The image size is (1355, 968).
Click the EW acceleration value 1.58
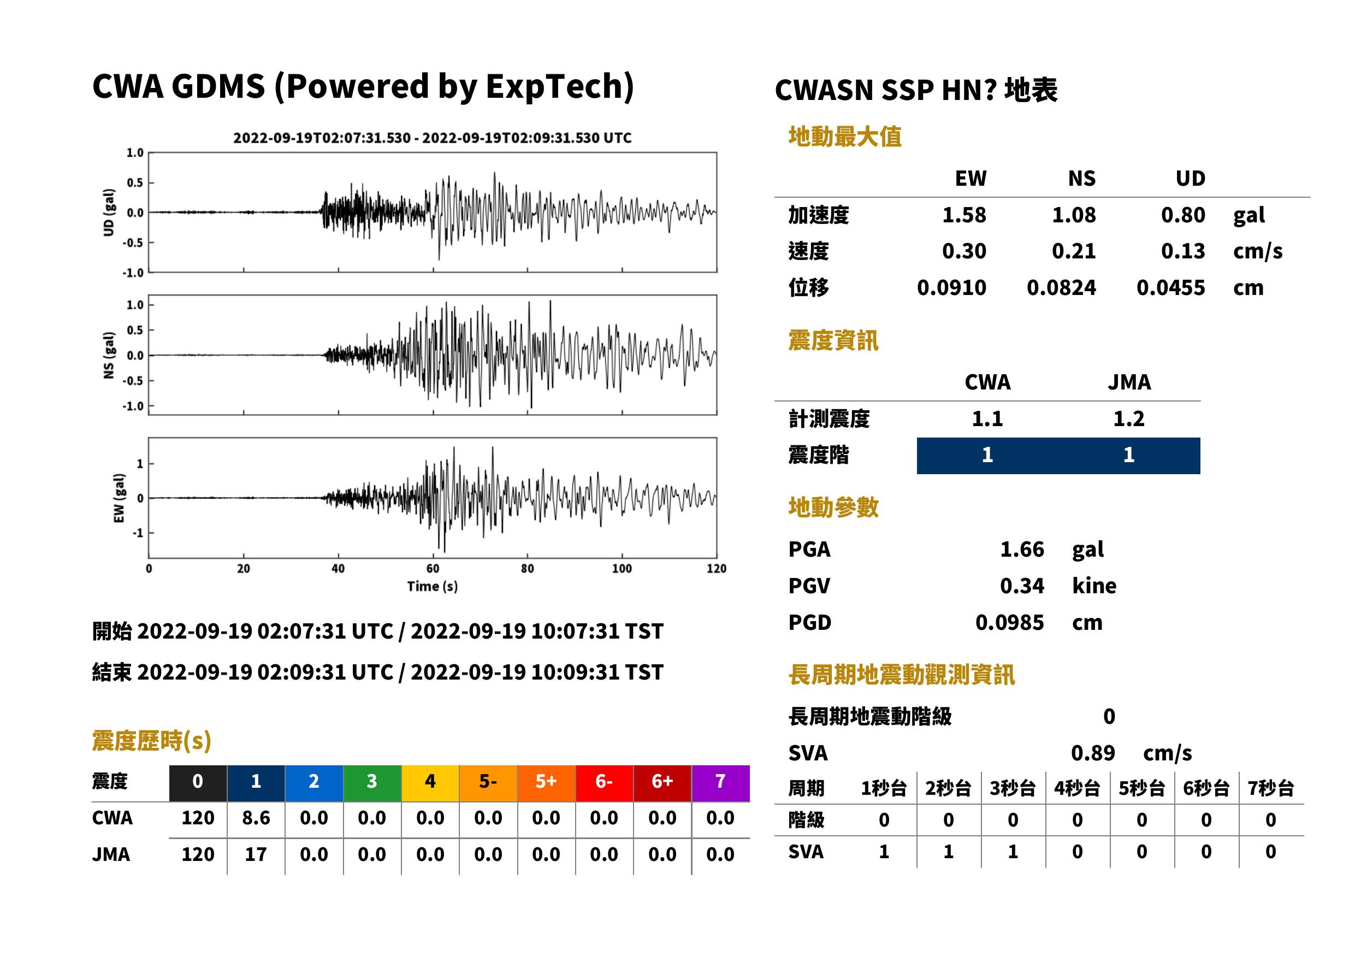point(963,215)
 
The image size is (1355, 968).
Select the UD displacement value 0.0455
point(1170,288)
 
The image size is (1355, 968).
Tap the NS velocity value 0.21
point(1073,251)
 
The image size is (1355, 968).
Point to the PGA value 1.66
point(1021,549)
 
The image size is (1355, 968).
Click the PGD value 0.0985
point(1009,622)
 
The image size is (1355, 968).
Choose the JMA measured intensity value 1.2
point(1128,418)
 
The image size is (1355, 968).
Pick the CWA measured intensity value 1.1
point(987,418)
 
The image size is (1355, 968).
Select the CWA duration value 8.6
point(256,818)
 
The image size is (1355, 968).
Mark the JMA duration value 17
point(256,854)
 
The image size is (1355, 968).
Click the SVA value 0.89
point(1093,753)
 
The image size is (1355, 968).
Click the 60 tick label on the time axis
point(433,569)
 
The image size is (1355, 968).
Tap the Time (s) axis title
point(433,587)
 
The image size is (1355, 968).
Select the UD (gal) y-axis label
point(109,213)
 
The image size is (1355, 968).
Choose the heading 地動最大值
point(845,137)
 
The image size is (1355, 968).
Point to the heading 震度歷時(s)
point(152,741)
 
